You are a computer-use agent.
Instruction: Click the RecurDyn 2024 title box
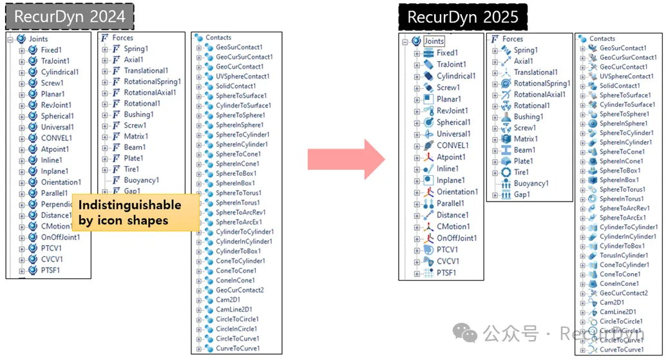coord(70,15)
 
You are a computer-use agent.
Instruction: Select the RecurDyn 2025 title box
coord(462,17)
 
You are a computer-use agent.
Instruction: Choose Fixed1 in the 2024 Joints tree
coord(51,50)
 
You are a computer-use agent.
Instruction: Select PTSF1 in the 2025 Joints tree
coord(447,272)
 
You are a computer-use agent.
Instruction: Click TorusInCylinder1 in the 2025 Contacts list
coord(623,256)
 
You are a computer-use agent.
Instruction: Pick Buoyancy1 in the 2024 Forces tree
coord(141,180)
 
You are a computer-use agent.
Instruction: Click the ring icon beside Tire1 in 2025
coord(506,172)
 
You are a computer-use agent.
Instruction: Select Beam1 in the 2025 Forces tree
coord(524,150)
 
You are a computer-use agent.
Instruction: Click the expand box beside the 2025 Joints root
coord(405,42)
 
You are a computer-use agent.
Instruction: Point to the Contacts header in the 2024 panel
coord(218,38)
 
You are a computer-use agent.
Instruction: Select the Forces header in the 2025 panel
coord(513,39)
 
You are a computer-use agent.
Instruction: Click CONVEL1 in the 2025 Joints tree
coord(453,146)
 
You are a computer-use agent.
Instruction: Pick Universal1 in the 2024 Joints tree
coord(57,127)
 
